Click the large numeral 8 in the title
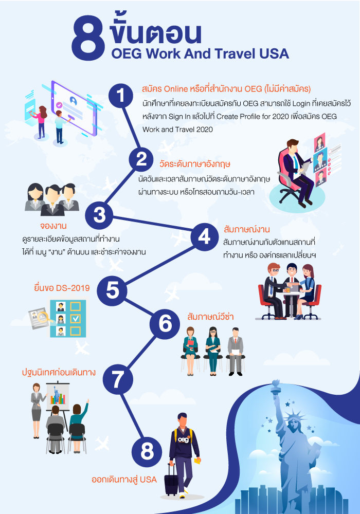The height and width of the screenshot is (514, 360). tap(88, 39)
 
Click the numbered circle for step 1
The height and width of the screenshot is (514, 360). tap(121, 96)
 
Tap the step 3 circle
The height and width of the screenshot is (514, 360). tap(99, 215)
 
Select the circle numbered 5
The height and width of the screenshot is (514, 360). tap(113, 290)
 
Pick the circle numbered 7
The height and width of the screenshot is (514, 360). tap(118, 379)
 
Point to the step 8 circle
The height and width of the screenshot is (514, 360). tap(147, 452)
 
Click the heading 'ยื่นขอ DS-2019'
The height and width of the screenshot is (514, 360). tap(62, 288)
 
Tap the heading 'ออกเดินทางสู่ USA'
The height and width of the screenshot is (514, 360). tap(124, 480)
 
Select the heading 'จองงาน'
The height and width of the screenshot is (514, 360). tap(53, 226)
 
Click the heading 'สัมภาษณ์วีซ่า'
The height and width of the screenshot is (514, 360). tap(210, 317)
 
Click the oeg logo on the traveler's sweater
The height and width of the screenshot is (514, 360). tap(183, 439)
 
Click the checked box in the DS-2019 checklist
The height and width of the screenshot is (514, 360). tap(76, 319)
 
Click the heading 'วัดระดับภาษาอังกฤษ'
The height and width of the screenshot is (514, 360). tap(195, 164)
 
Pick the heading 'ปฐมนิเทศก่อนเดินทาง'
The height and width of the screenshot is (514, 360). tap(59, 372)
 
